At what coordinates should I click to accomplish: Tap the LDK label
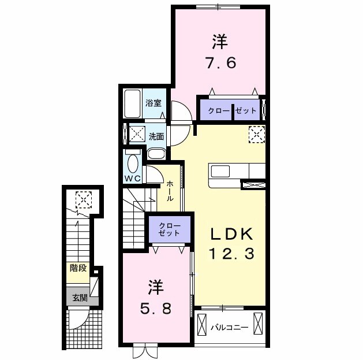point(231,233)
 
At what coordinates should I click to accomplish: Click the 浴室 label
point(153,104)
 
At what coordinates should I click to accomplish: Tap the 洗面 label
point(156,136)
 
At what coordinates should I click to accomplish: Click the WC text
point(133,179)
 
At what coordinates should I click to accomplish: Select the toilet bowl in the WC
point(133,162)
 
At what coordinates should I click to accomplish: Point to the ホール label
point(170,191)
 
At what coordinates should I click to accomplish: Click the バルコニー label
point(229,328)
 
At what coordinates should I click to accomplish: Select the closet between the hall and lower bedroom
point(170,229)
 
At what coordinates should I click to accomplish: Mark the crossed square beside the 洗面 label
point(136,134)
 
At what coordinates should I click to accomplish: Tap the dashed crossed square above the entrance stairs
point(84,200)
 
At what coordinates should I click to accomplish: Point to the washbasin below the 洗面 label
point(156,153)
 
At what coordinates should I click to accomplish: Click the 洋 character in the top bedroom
point(219,42)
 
